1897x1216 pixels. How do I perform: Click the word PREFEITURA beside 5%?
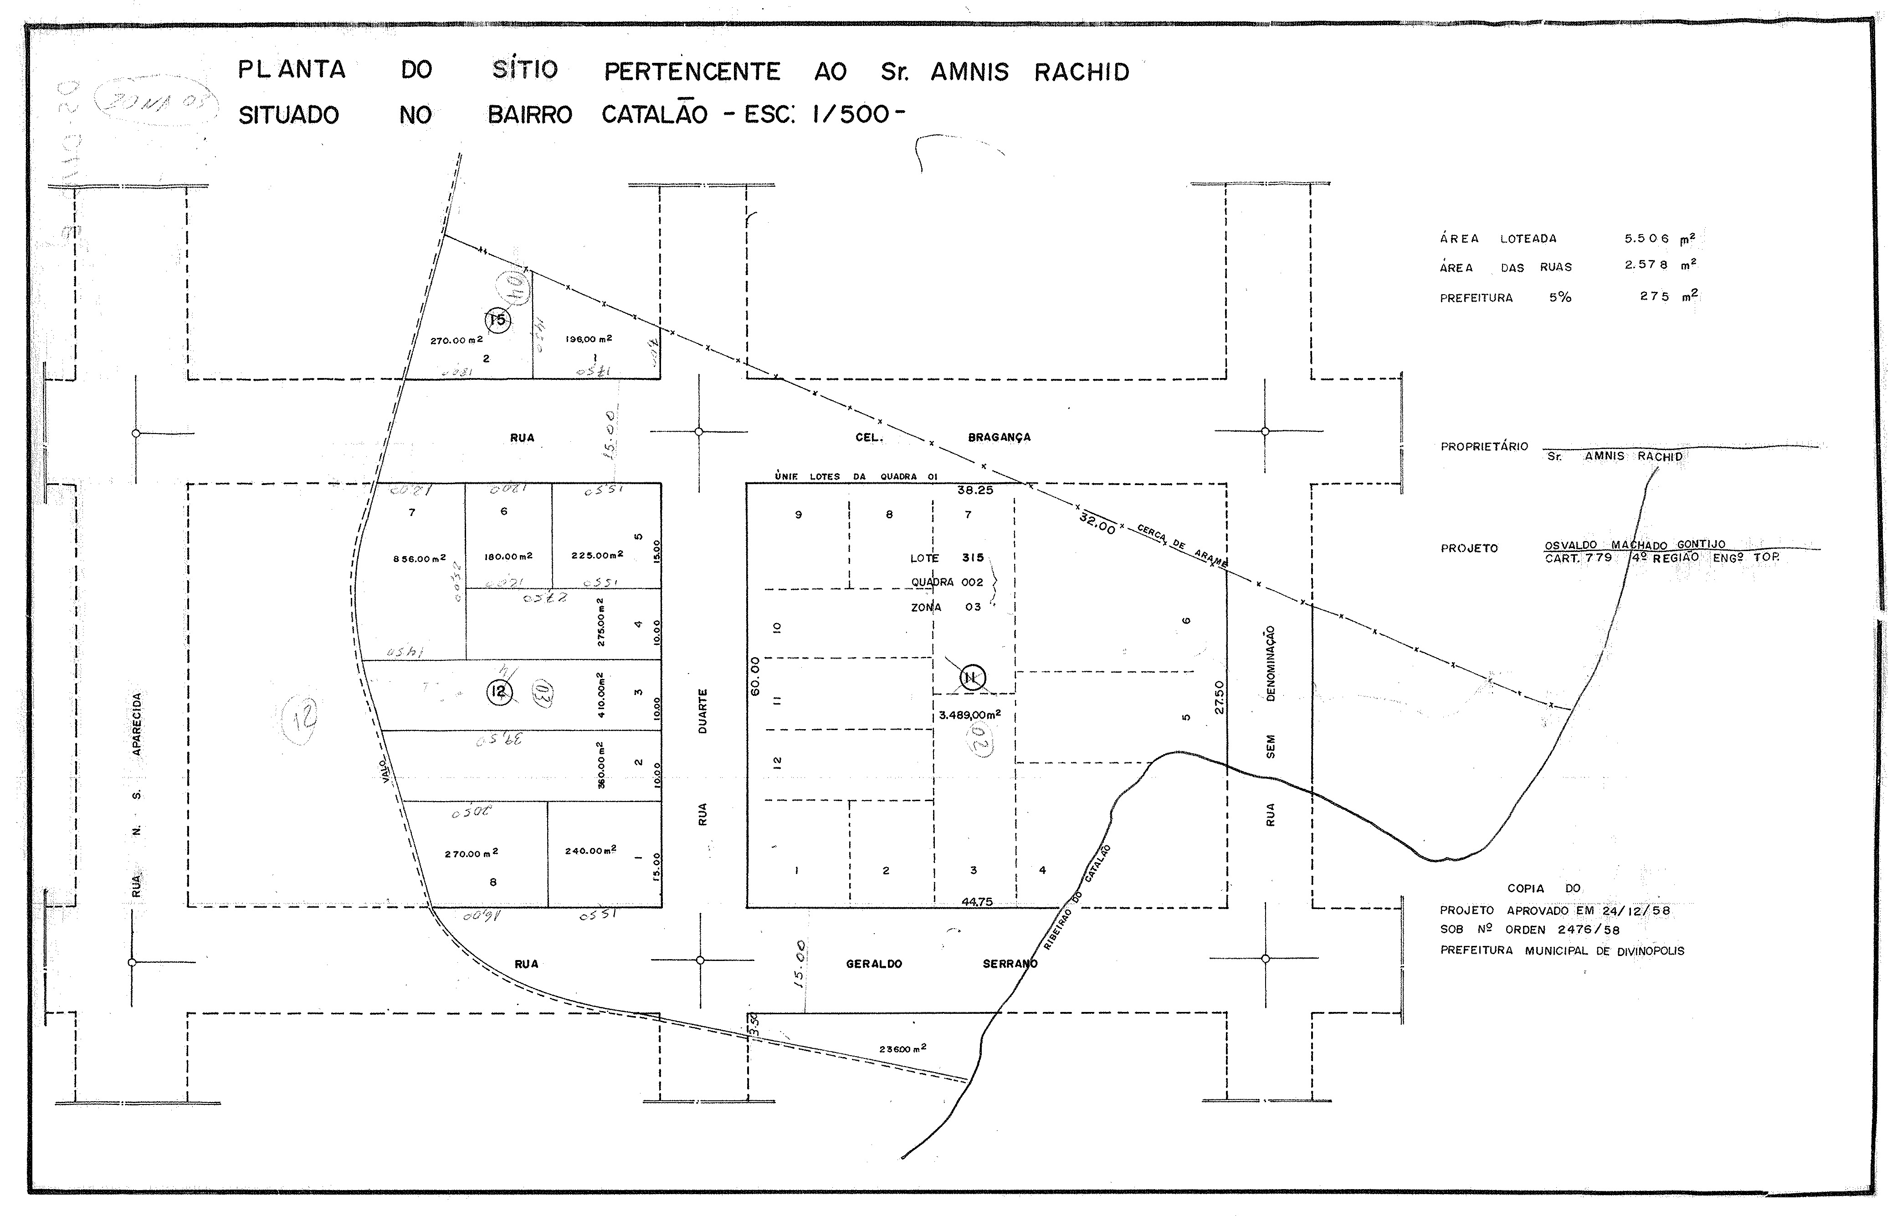pyautogui.click(x=1475, y=298)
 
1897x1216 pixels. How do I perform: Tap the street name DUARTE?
pyautogui.click(x=702, y=710)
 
